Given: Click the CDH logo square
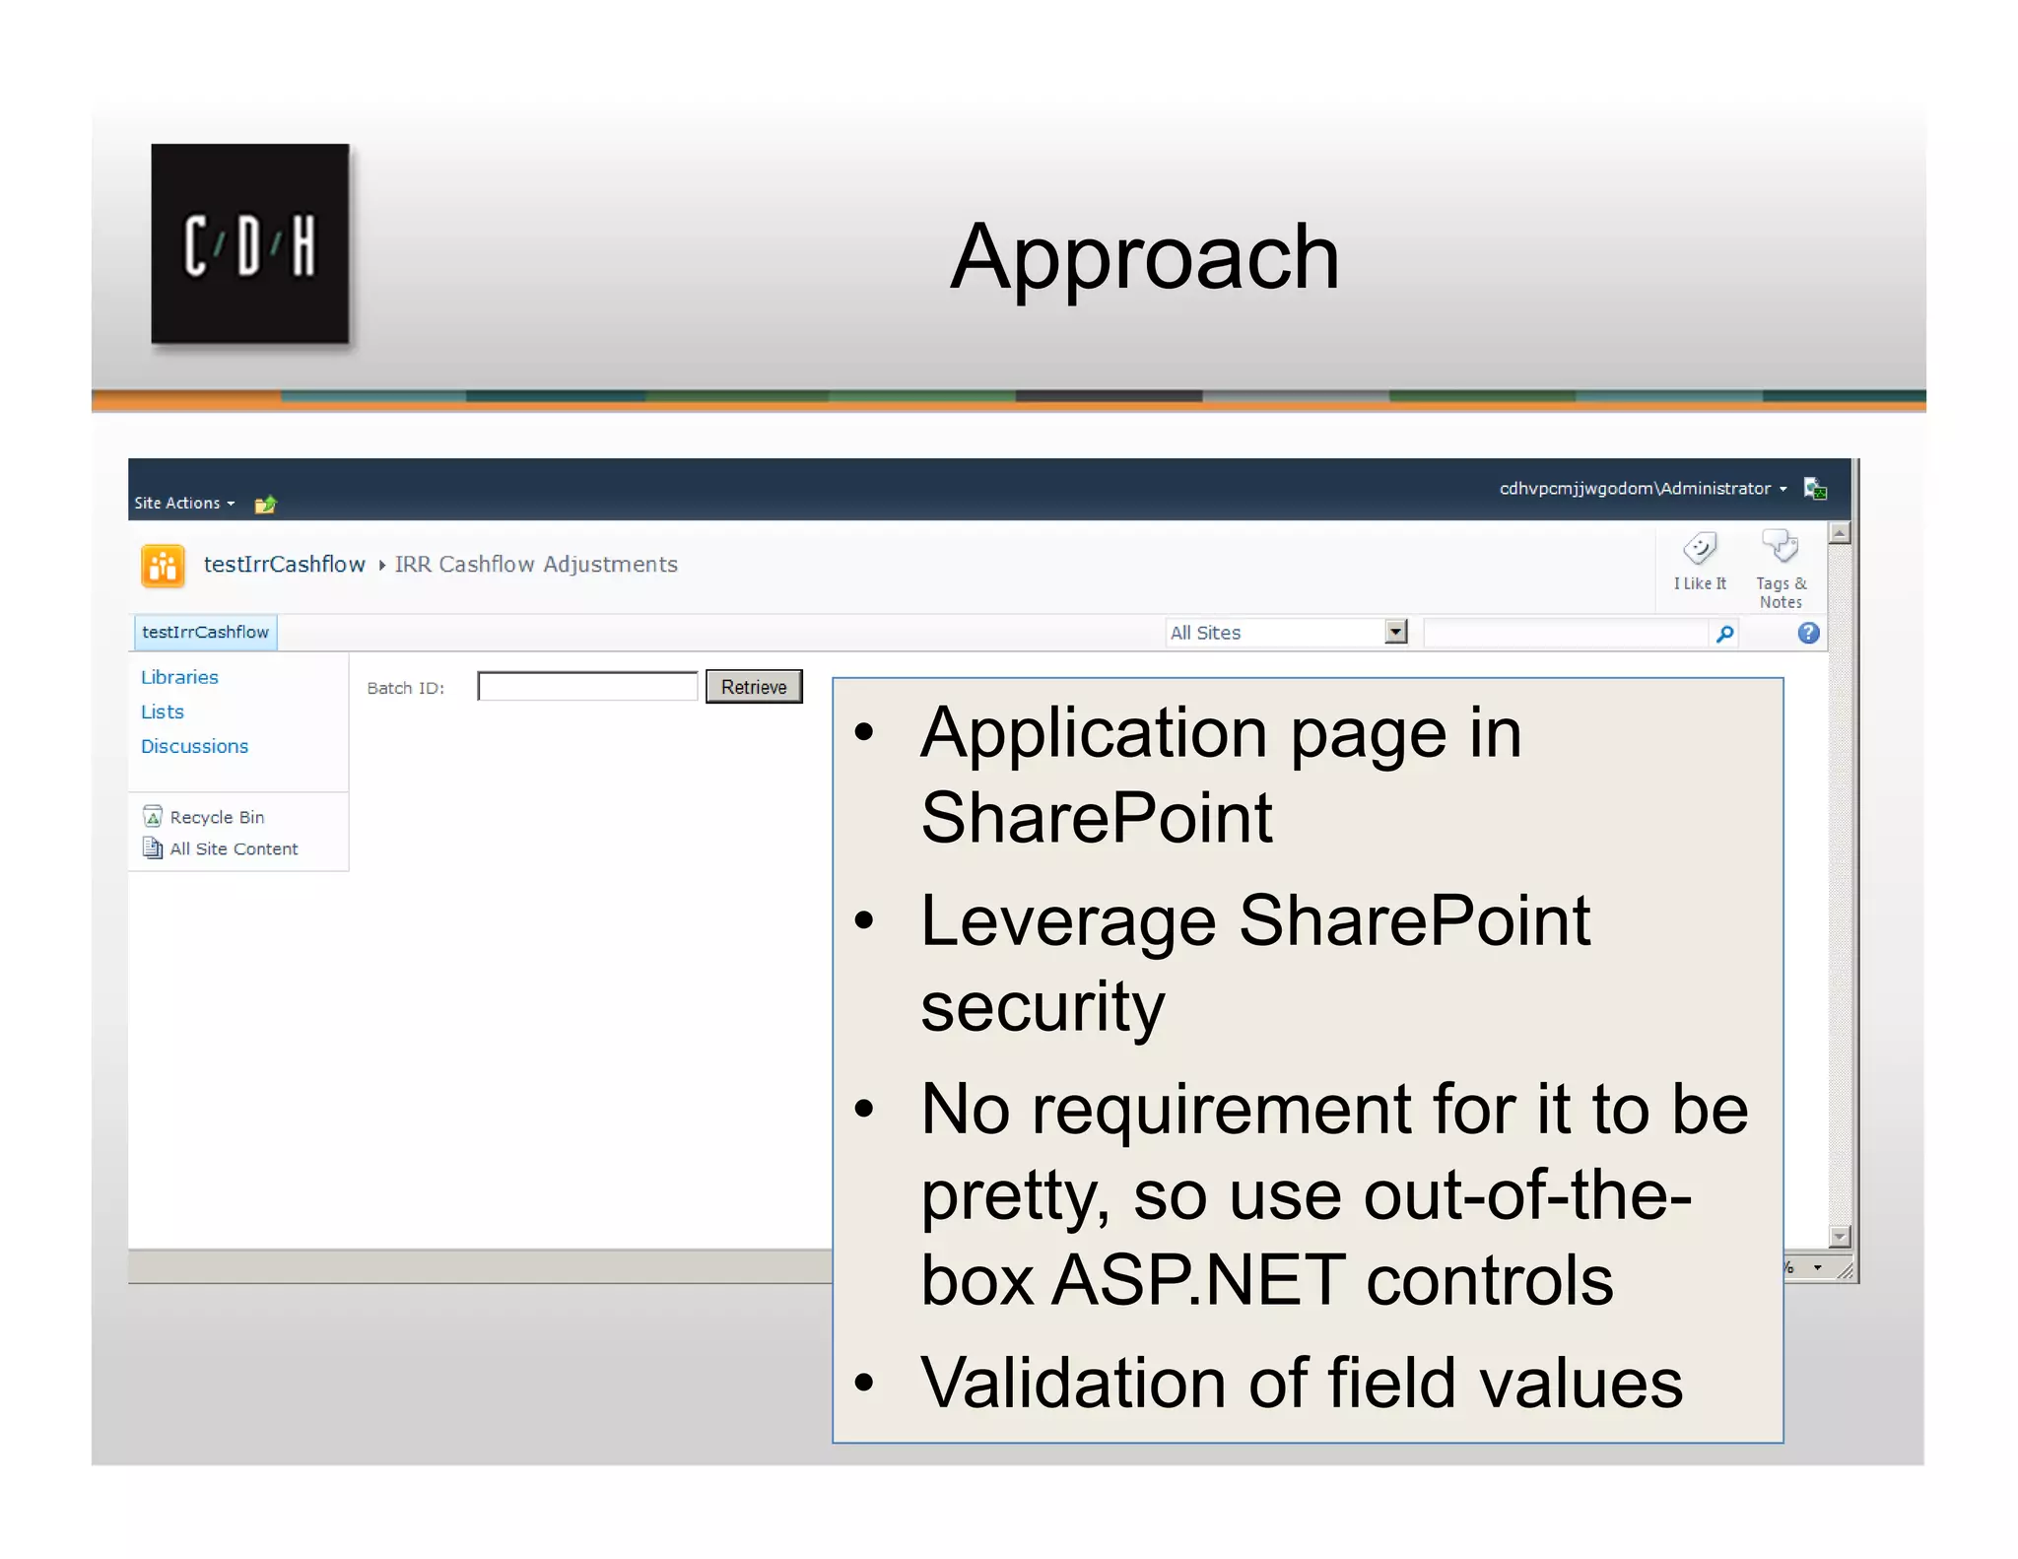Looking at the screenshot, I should coord(250,244).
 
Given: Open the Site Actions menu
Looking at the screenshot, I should coord(183,503).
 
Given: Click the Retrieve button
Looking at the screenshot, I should coord(754,687).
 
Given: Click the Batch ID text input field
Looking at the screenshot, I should coord(587,687).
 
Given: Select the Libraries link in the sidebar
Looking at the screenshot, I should coord(179,677).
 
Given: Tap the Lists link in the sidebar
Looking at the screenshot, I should coord(163,712).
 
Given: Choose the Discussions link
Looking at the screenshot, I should coord(194,746).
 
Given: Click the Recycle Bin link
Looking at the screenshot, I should coord(216,817).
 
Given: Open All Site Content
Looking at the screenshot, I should coord(233,848).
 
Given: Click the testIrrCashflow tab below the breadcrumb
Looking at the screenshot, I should coord(205,632).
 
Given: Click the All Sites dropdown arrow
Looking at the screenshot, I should coord(1395,632).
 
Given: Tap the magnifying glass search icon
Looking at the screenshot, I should coord(1724,634).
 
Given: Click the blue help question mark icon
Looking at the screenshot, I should coord(1808,633).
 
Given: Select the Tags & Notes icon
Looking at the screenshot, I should coord(1781,548).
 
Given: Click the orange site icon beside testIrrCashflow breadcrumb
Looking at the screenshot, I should coord(164,566).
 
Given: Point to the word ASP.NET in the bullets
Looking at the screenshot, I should coord(1197,1279).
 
